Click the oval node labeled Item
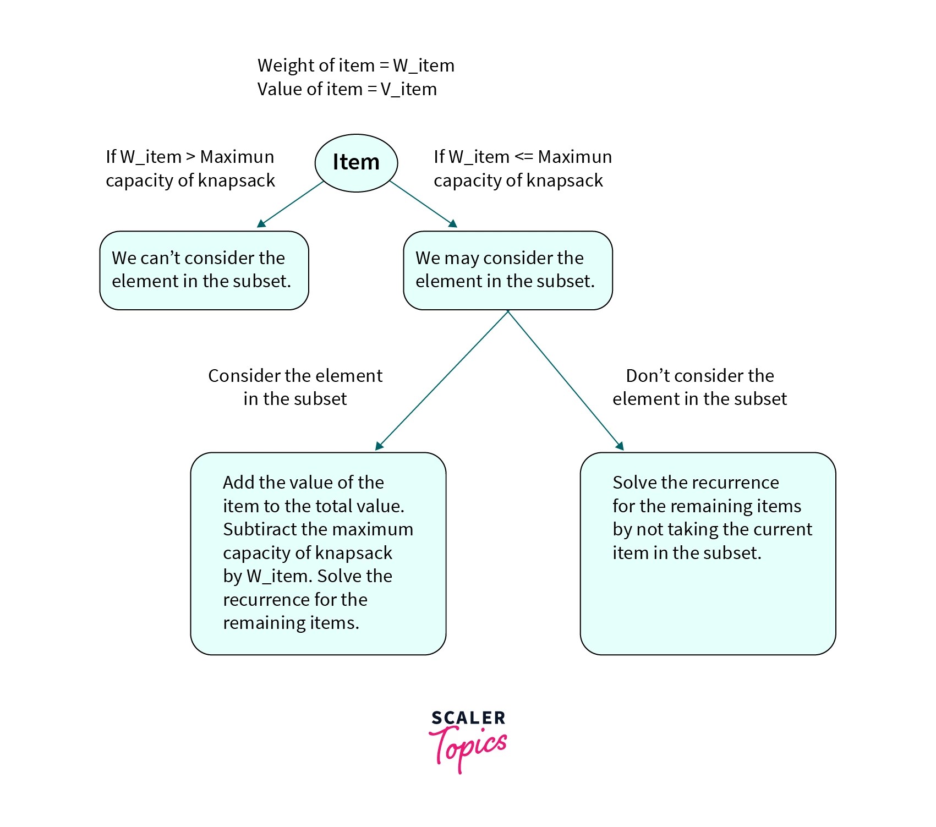pyautogui.click(x=356, y=163)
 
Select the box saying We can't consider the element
pyautogui.click(x=204, y=270)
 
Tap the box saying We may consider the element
pyautogui.click(x=507, y=270)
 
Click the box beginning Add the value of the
pyautogui.click(x=318, y=553)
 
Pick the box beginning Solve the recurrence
pyautogui.click(x=708, y=553)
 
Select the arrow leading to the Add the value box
pyautogui.click(x=442, y=380)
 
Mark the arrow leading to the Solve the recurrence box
pyautogui.click(x=565, y=380)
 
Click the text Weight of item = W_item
pyautogui.click(x=355, y=65)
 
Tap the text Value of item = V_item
pyautogui.click(x=347, y=89)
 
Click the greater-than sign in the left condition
pyautogui.click(x=190, y=157)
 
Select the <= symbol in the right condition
pyautogui.click(x=523, y=157)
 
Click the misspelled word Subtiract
pyautogui.click(x=259, y=529)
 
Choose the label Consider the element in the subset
pyautogui.click(x=295, y=387)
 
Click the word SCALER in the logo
pyautogui.click(x=468, y=718)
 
